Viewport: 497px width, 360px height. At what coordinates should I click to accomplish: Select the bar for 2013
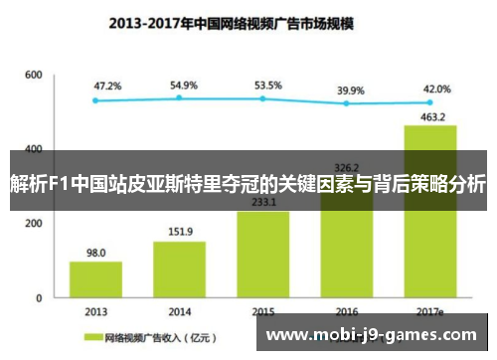(95, 278)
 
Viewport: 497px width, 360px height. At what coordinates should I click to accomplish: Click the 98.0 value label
(95, 253)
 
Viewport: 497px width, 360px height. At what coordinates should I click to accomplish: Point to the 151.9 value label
(180, 233)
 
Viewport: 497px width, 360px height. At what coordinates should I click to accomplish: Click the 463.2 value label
(430, 116)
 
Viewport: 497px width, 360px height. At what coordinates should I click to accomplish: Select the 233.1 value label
(263, 202)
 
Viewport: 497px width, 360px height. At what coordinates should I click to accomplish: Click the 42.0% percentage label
(436, 89)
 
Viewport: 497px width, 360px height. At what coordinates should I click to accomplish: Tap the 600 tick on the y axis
(34, 75)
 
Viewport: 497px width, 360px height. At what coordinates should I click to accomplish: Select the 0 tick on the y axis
(39, 297)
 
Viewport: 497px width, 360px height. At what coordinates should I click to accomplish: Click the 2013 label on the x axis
(95, 311)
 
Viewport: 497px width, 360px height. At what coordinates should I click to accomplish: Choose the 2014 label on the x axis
(180, 311)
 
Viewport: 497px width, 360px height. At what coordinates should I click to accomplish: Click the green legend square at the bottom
(96, 338)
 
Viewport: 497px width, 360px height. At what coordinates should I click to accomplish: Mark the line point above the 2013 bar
(95, 99)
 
